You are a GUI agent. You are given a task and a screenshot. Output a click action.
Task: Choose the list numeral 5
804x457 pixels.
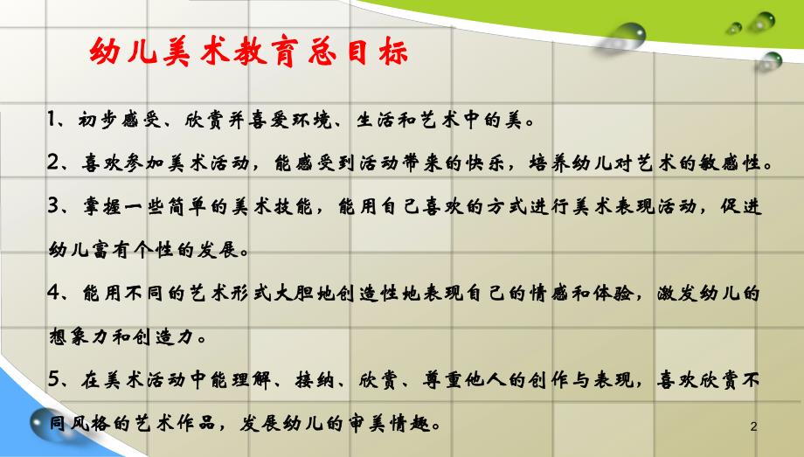click(x=52, y=380)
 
